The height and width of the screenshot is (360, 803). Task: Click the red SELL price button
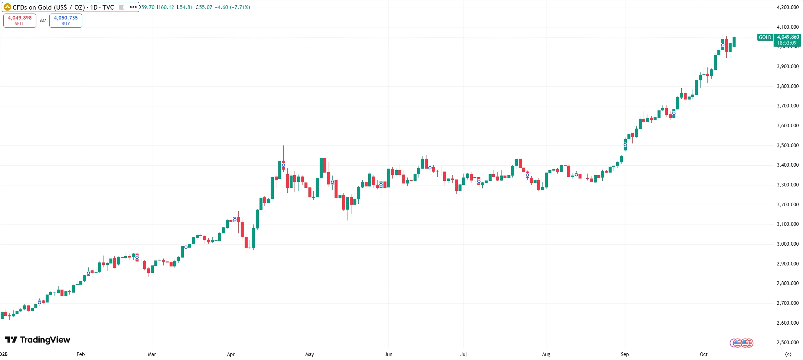(20, 20)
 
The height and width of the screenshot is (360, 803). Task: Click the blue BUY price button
(66, 20)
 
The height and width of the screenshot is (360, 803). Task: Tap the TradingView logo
(38, 340)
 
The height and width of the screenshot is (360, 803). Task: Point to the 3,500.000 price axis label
(787, 145)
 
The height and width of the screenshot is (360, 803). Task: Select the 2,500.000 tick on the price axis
(787, 342)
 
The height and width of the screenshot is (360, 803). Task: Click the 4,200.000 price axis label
(787, 7)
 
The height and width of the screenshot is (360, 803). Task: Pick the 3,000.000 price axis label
(787, 244)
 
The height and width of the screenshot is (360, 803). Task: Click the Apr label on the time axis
(231, 354)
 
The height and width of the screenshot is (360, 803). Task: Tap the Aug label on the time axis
(546, 354)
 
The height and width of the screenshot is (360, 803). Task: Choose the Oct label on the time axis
(703, 354)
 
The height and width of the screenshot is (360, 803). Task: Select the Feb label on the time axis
(81, 354)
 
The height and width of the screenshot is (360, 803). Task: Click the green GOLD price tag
(765, 37)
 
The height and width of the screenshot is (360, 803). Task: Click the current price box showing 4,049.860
(788, 40)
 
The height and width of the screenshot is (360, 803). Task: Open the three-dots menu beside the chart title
(133, 7)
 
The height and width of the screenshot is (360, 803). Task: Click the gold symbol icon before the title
(7, 7)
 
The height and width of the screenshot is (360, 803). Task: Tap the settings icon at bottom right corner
(788, 354)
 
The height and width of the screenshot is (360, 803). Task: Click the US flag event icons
(741, 343)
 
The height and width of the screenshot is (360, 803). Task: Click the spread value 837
(43, 20)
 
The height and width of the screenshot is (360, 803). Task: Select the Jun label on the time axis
(388, 354)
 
